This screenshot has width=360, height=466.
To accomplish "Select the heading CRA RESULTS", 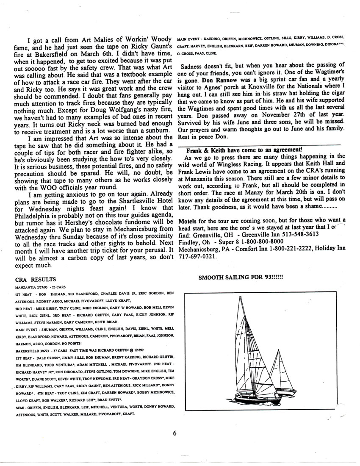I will tap(35, 280).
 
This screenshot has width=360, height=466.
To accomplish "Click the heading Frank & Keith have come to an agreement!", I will tap(244, 149).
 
